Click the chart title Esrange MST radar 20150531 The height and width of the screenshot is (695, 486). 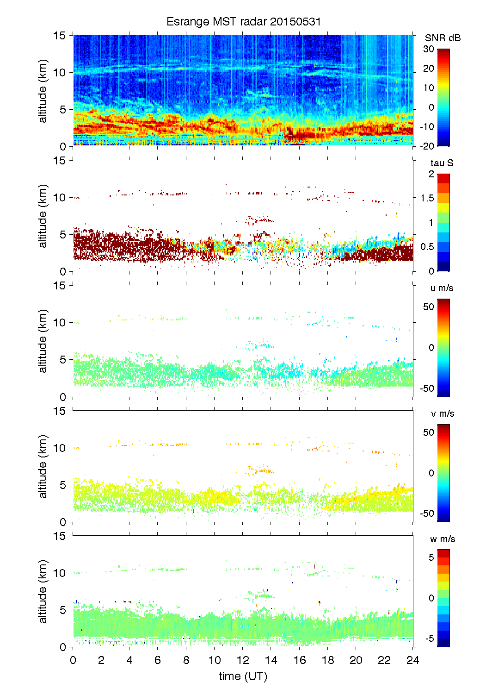[243, 22]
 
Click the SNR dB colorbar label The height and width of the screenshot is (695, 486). [443, 38]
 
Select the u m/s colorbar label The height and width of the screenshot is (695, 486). [442, 288]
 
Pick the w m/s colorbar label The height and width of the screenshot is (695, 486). [442, 539]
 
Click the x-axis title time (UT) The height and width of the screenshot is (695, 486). [243, 676]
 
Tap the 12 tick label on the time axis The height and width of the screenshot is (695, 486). [243, 660]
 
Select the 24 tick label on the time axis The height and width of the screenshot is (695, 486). [412, 660]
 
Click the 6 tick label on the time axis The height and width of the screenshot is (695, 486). [158, 660]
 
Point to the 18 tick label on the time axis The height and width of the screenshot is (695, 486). [328, 660]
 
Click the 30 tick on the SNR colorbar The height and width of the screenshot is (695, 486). [429, 49]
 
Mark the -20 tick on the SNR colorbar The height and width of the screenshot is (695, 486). [427, 146]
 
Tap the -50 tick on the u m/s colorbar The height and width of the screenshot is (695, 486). [427, 388]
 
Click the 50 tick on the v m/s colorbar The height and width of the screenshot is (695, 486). [429, 432]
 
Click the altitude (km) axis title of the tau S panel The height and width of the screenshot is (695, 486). [43, 216]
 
